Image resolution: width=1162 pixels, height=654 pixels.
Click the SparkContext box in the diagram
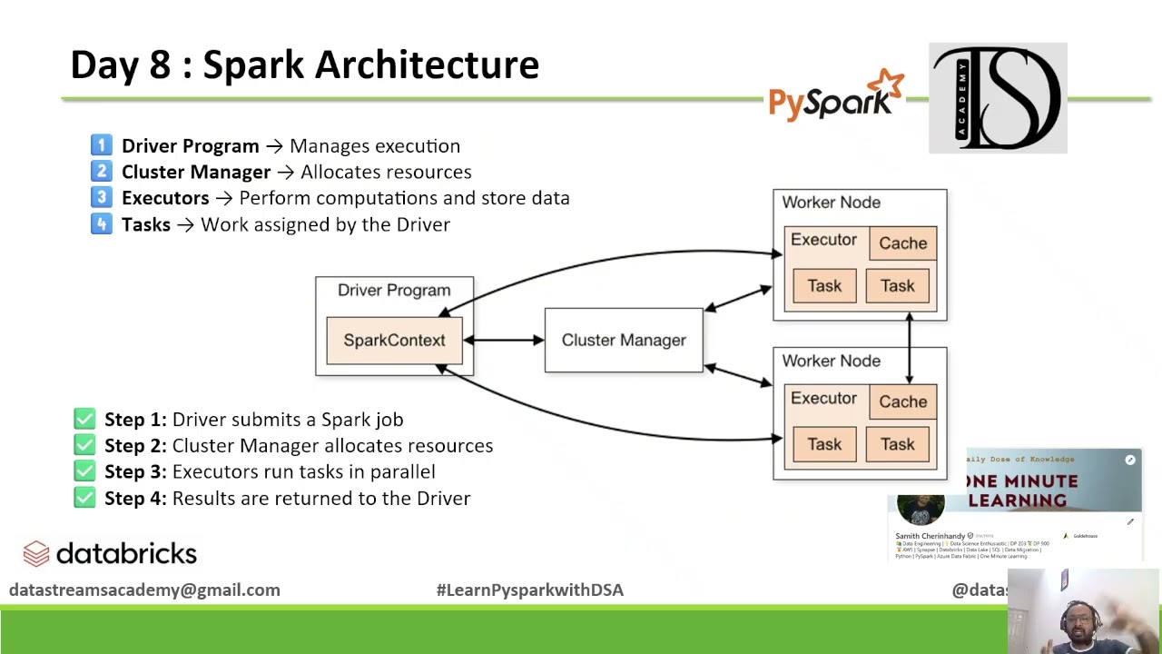tap(394, 341)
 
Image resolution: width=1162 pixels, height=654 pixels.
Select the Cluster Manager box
tap(624, 340)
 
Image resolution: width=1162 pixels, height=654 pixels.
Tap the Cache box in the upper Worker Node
tap(902, 243)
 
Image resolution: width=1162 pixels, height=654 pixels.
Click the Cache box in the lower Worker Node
tap(902, 401)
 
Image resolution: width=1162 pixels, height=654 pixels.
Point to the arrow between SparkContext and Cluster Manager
tap(504, 341)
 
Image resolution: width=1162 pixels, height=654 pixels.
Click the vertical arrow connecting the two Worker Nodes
tap(909, 347)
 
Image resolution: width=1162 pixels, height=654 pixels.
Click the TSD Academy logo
tap(998, 98)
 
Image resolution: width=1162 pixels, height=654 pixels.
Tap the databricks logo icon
tap(36, 553)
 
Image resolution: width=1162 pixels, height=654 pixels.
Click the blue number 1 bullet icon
tap(102, 145)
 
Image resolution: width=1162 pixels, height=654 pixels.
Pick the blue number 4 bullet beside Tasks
tap(102, 224)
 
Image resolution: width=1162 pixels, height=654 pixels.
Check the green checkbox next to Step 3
tap(84, 471)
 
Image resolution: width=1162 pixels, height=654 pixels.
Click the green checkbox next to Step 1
tap(84, 419)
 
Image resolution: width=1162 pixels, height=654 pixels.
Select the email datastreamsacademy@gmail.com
tap(144, 590)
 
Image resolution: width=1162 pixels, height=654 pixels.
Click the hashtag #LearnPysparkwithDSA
tap(529, 590)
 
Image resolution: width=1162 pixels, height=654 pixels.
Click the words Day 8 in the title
tap(121, 65)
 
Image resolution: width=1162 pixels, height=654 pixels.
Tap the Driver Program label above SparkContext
tap(394, 291)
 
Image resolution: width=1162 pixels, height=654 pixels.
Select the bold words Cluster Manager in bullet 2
tap(196, 172)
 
